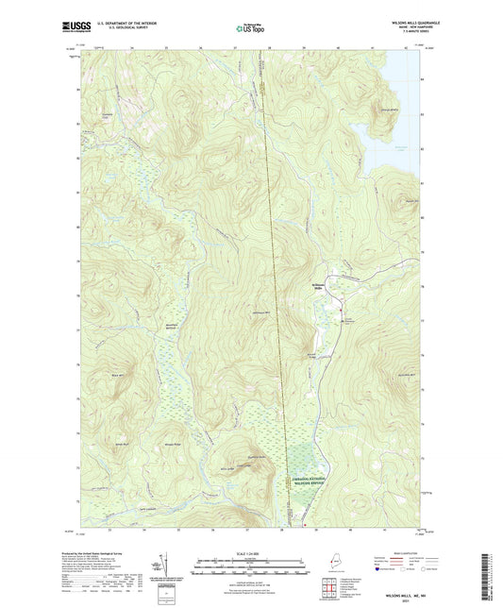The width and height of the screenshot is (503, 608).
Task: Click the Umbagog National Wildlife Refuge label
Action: (310, 483)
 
